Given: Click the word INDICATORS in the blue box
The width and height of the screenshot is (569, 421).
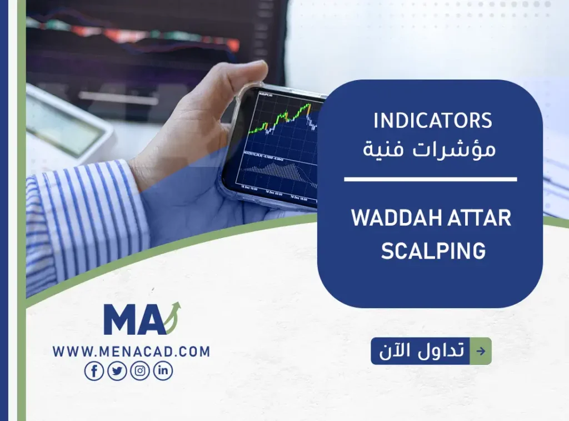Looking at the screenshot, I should [x=433, y=121].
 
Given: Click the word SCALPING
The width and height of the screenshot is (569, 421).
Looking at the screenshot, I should [x=433, y=251].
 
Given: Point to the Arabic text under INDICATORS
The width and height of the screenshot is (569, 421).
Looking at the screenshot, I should [x=433, y=149].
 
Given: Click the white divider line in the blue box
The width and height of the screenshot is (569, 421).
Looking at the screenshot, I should [x=430, y=179].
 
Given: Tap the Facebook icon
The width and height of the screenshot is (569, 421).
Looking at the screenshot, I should [x=94, y=371].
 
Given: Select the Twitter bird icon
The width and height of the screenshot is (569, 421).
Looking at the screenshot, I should [x=117, y=371].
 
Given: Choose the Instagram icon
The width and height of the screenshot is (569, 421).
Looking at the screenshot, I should [x=140, y=371].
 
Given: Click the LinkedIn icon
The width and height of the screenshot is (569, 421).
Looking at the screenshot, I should [x=163, y=371].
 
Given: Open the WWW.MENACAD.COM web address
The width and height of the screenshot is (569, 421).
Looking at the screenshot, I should [x=131, y=351].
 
